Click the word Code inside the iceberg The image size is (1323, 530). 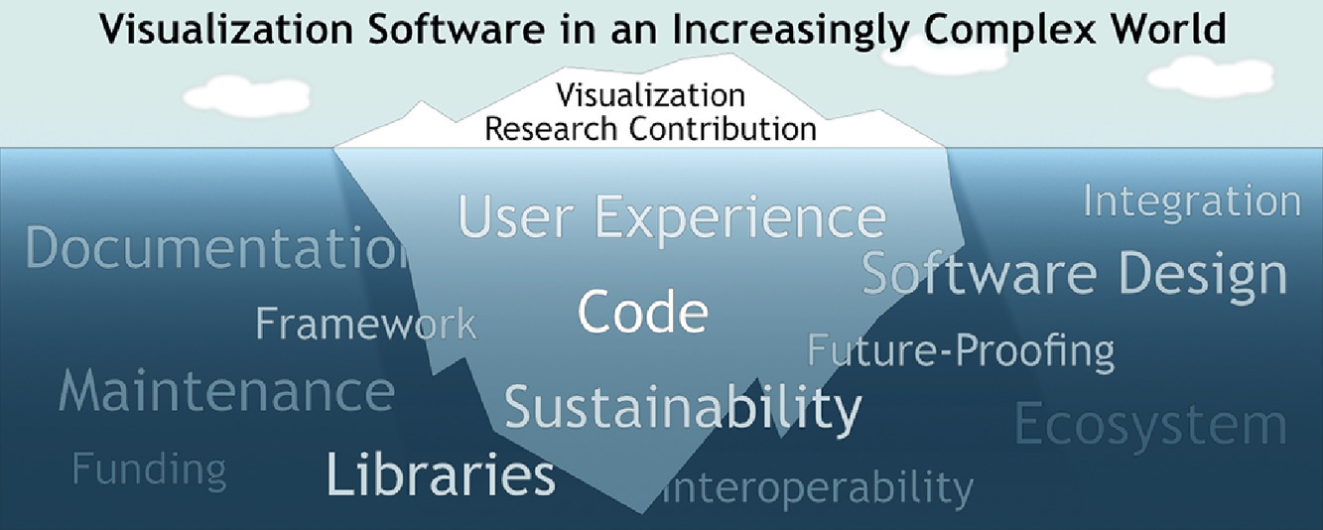click(642, 312)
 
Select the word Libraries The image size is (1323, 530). click(441, 473)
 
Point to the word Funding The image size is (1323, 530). click(150, 470)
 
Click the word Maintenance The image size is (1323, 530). click(227, 390)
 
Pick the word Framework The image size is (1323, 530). click(366, 323)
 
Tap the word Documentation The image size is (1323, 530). click(216, 247)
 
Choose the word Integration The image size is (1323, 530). click(1192, 203)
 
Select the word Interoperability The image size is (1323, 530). click(818, 488)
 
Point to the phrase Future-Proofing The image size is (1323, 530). click(961, 352)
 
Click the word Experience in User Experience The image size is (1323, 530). click(740, 218)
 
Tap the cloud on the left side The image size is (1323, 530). click(247, 95)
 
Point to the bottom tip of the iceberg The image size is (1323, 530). click(642, 512)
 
